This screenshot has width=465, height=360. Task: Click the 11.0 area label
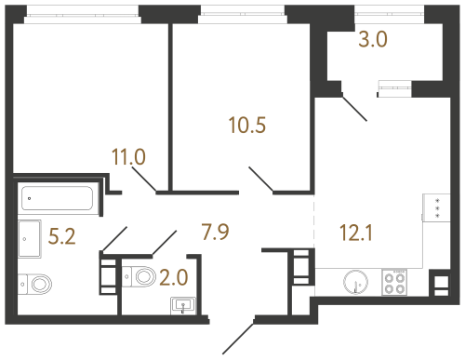127,157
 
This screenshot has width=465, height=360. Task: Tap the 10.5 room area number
247,124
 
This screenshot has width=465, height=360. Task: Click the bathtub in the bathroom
57,197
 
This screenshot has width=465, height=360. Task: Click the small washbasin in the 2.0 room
181,304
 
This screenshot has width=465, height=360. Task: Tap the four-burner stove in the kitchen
396,282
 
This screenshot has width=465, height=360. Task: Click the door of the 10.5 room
260,180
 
